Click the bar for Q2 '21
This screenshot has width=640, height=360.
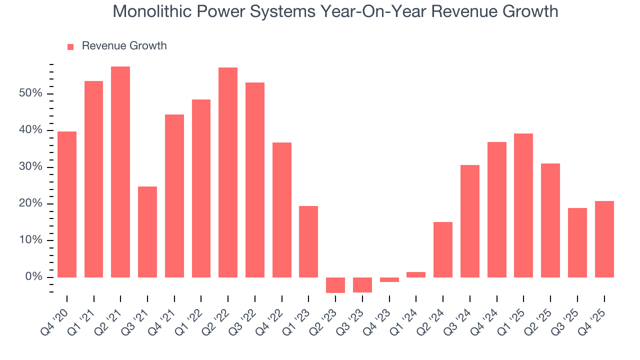coord(120,172)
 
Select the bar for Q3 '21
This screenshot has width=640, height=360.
coord(147,232)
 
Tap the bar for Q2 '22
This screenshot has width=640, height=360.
coord(228,172)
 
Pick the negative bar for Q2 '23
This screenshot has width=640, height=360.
coord(335,285)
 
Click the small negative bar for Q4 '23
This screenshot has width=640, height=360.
coord(389,279)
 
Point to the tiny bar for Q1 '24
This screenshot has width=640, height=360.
coord(416,274)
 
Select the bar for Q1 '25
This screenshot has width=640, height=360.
coord(523,205)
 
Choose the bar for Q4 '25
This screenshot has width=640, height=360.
coord(604,239)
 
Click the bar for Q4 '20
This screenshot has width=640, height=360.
coord(67,204)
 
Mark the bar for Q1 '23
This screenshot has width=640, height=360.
coord(308,241)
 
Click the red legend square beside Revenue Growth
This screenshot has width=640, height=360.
coord(70,46)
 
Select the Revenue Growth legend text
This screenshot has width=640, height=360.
coord(124,46)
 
